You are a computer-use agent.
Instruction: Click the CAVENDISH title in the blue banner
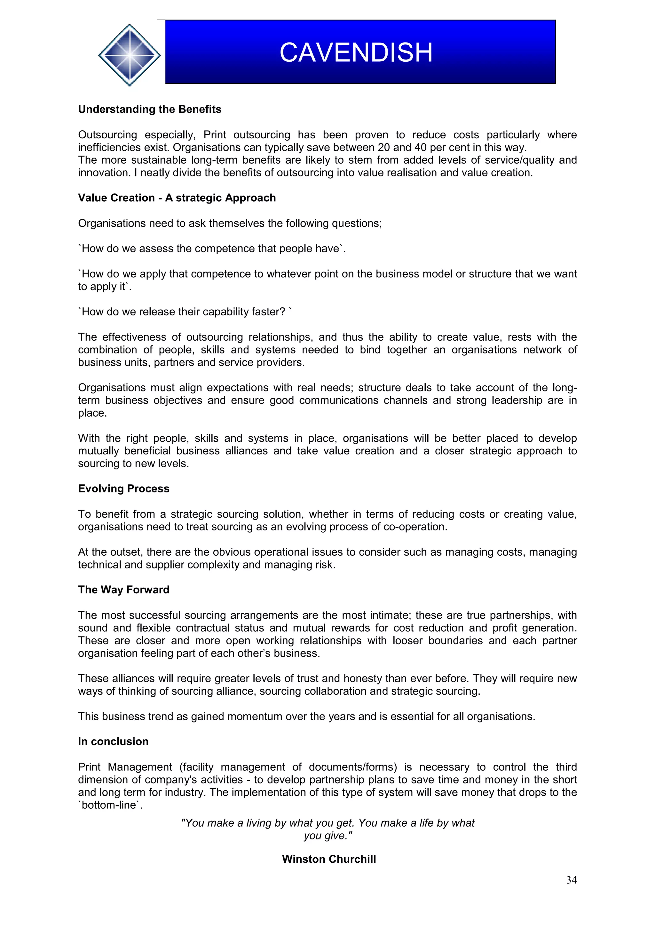[x=356, y=52]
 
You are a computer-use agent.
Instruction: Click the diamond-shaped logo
[x=129, y=55]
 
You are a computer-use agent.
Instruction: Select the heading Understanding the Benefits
[x=150, y=109]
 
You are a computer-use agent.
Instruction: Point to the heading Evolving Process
[x=123, y=489]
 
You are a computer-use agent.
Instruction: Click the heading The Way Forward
[x=123, y=590]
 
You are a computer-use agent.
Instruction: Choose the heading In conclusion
[x=113, y=741]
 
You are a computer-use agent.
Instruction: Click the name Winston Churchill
[x=329, y=859]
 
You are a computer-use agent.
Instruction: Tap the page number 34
[x=571, y=880]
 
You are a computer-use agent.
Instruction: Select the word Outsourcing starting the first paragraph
[x=107, y=135]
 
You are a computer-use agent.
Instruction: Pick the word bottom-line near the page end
[x=109, y=805]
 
